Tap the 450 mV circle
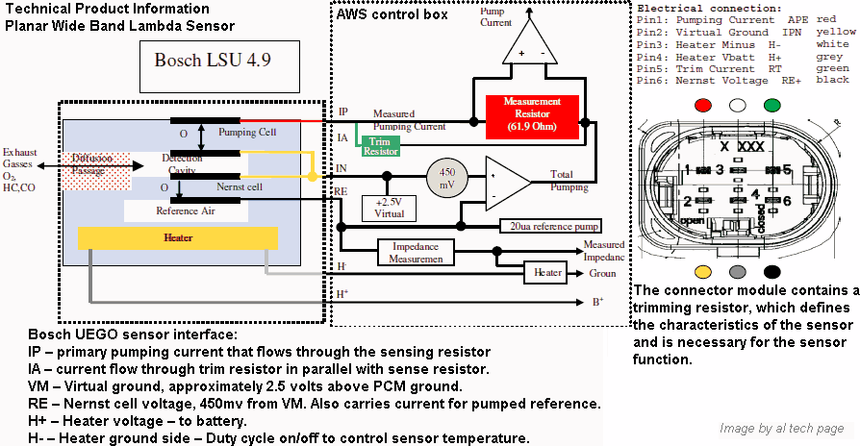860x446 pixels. (x=448, y=175)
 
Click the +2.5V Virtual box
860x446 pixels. (x=389, y=209)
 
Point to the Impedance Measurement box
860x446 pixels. (x=415, y=253)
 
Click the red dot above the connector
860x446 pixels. (x=706, y=104)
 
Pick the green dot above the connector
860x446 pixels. (x=771, y=104)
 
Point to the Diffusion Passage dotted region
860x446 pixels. (x=88, y=167)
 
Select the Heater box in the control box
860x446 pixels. (x=548, y=273)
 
